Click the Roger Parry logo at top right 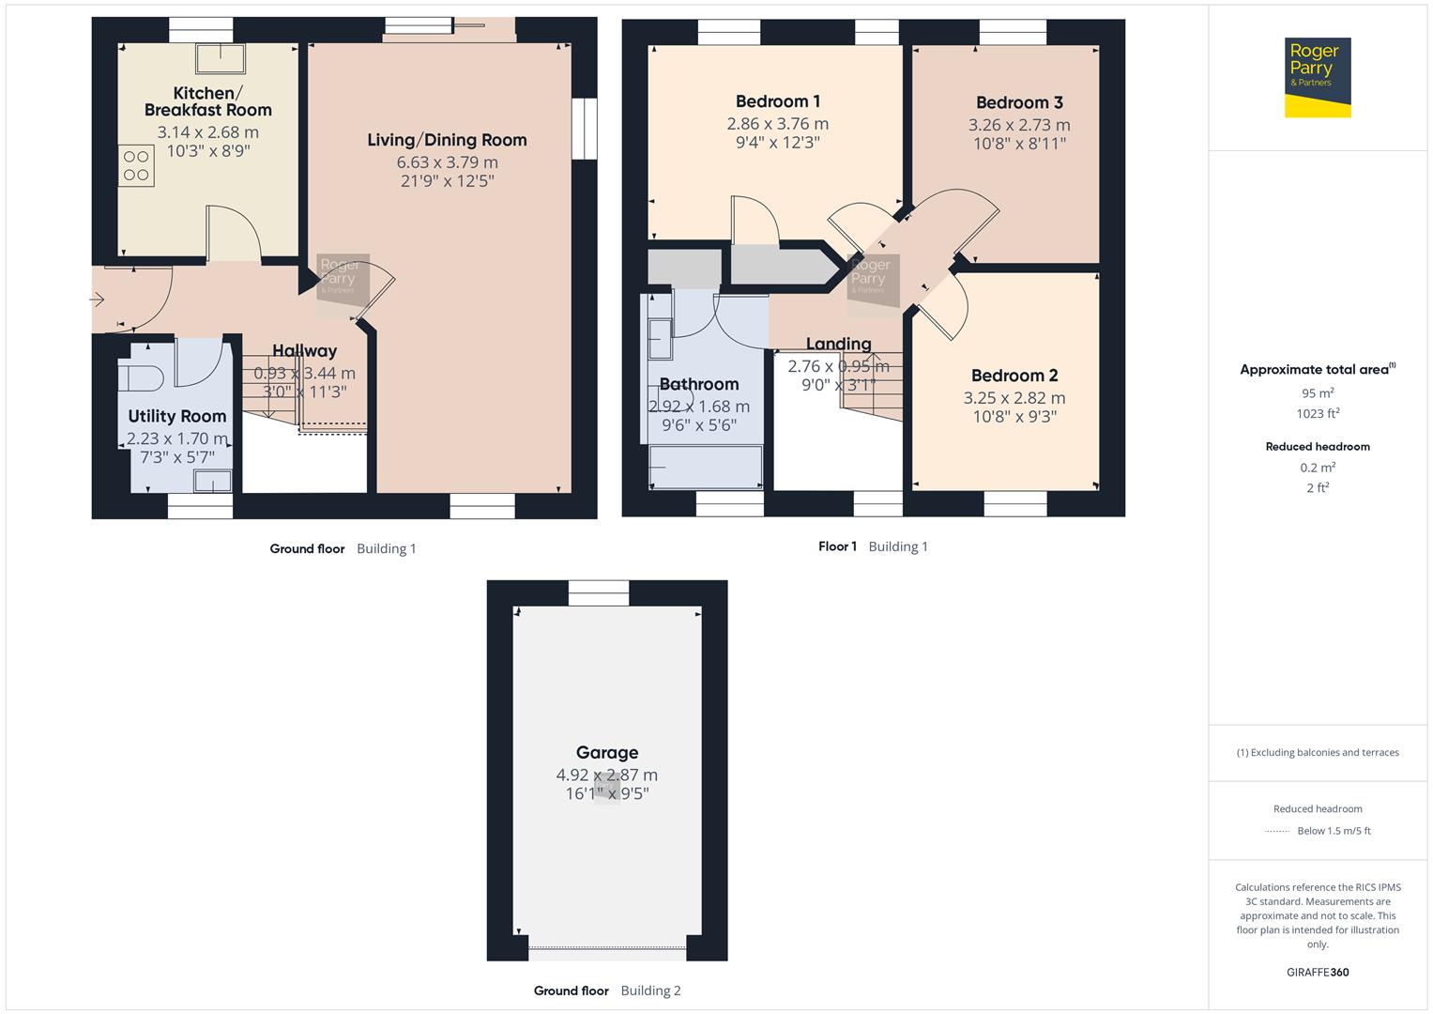coord(1317,77)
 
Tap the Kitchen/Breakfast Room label coord(207,101)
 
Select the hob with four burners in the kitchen coord(136,166)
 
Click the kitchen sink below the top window coord(220,58)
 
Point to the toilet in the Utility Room coord(141,377)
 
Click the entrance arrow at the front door coord(97,300)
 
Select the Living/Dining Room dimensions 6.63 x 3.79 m coord(447,162)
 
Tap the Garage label coord(606,752)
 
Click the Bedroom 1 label coord(777,101)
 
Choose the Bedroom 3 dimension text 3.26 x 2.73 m coord(1019,125)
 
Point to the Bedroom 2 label coord(1014,376)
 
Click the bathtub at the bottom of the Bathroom coord(706,467)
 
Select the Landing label coord(838,344)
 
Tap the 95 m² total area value coord(1318,393)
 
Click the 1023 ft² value coord(1318,414)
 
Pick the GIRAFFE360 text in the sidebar coord(1318,973)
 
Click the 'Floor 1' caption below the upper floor coord(837,546)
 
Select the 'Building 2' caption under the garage coord(650,991)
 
